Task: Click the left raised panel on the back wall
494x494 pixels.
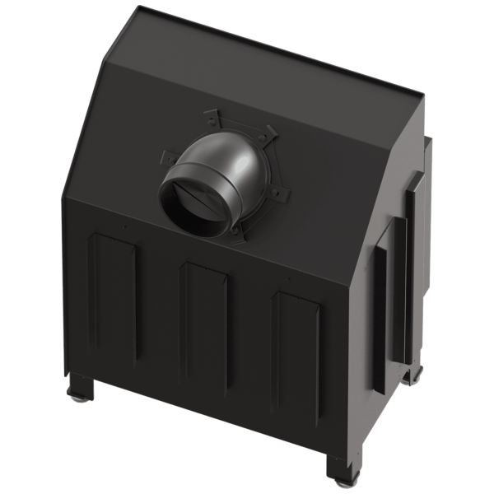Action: [x=113, y=296]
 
